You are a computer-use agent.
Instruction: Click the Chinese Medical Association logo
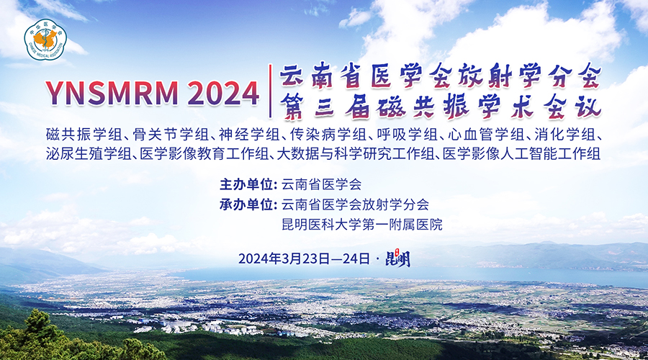(x=45, y=40)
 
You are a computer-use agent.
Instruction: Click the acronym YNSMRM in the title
(x=112, y=93)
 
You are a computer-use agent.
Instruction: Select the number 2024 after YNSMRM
(x=223, y=93)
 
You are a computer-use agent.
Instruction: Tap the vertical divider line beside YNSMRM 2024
(x=270, y=91)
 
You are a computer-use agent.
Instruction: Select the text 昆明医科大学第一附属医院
(x=362, y=225)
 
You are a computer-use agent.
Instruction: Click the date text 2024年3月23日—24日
(x=304, y=258)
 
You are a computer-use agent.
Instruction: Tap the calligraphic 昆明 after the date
(x=397, y=259)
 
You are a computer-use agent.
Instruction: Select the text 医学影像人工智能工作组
(x=521, y=154)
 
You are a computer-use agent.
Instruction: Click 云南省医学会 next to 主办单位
(x=322, y=184)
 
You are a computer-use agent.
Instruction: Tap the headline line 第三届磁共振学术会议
(x=441, y=107)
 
